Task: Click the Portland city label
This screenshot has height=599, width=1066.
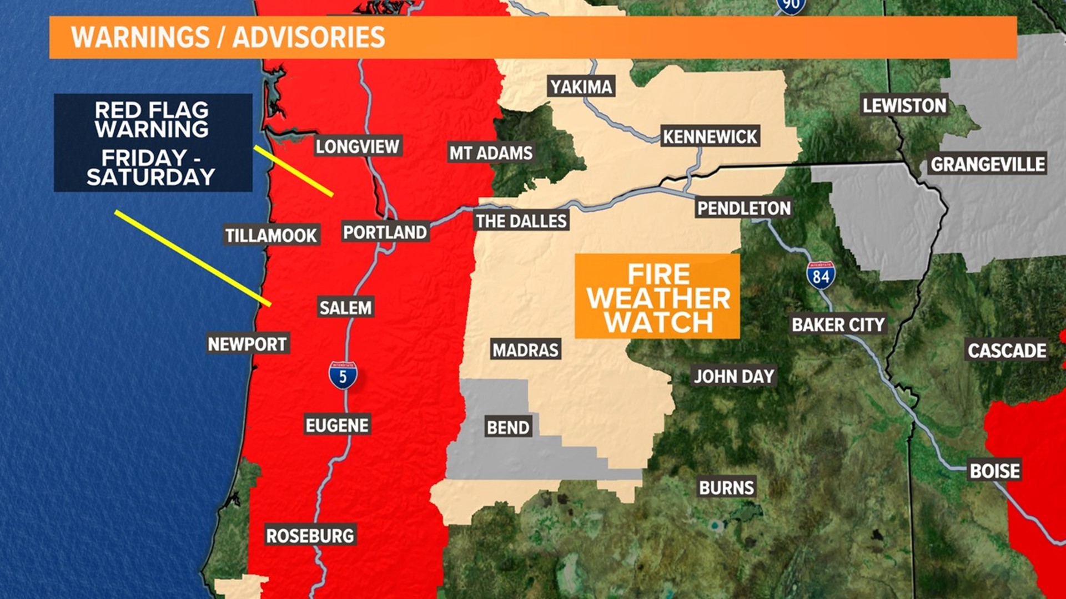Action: coord(385,232)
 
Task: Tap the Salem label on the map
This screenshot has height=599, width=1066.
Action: coord(345,307)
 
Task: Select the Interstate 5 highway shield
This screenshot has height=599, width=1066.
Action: coord(343,376)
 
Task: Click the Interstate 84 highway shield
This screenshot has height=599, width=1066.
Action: coord(821,276)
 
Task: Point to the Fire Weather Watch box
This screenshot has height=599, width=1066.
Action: coord(657,297)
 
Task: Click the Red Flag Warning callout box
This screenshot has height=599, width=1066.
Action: coord(153,143)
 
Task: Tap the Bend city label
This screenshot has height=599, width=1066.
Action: coord(508,427)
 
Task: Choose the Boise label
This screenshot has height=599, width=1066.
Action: coord(994,471)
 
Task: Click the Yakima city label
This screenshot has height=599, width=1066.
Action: coord(581,87)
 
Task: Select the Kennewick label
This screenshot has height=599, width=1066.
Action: coord(710,136)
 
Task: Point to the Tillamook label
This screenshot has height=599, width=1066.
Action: coord(271,235)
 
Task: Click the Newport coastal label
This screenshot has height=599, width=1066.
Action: coord(248,344)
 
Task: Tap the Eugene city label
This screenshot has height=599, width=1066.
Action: coord(337,425)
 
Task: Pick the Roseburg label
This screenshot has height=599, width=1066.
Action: coord(310,535)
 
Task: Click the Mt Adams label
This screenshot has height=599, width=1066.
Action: coord(491,153)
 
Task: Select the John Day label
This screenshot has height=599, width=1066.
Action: coord(733,376)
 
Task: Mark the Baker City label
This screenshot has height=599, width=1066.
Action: coord(838,324)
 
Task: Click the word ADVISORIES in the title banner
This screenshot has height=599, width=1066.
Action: coord(308,37)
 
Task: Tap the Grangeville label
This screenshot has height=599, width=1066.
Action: coord(988,164)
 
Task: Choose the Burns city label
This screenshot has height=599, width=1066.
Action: coord(726,488)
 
